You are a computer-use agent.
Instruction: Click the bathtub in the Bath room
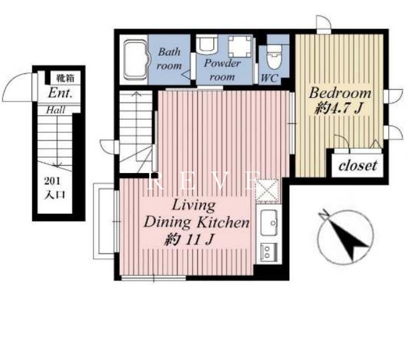click(x=135, y=60)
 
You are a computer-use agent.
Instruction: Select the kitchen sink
click(x=269, y=223)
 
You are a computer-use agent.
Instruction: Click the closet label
click(x=357, y=166)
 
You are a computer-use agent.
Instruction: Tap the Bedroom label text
click(x=340, y=93)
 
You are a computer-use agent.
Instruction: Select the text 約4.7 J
click(x=338, y=108)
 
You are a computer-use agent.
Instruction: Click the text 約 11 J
click(x=189, y=240)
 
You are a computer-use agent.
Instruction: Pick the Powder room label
click(x=222, y=70)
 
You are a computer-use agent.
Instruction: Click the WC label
click(x=270, y=78)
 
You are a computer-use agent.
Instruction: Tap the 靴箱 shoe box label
click(x=65, y=78)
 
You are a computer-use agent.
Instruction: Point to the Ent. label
click(x=60, y=93)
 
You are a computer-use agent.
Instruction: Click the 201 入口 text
click(x=55, y=188)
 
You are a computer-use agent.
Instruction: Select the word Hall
click(x=55, y=110)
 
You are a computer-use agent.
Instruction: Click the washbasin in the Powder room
click(x=206, y=44)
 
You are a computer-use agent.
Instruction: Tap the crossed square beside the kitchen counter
click(x=267, y=191)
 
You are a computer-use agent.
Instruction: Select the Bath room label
click(x=169, y=59)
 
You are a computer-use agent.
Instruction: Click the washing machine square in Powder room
click(x=240, y=46)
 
